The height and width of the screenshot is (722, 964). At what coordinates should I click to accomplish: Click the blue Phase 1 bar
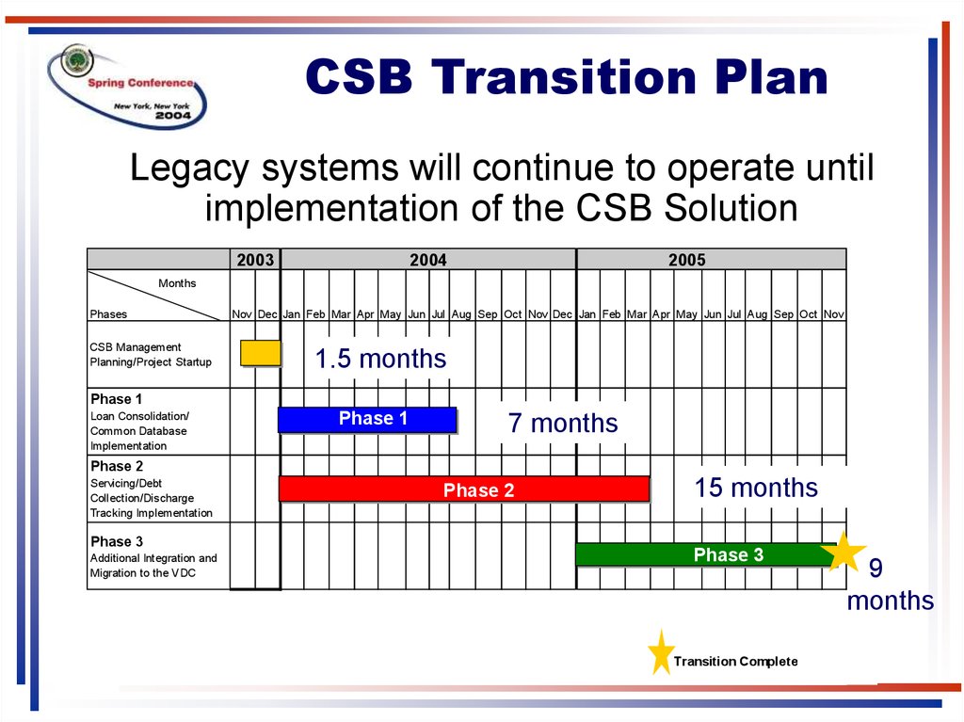tap(367, 420)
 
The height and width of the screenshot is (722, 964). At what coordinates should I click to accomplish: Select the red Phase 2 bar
tap(464, 489)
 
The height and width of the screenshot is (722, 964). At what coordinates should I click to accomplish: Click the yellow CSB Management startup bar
tap(261, 353)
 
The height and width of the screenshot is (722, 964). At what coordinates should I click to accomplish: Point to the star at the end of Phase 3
tap(843, 552)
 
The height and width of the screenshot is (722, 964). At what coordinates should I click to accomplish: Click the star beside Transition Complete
tap(661, 652)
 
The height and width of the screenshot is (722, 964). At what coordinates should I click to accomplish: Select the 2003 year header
tap(255, 260)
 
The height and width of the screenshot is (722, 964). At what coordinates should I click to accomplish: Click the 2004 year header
tap(428, 260)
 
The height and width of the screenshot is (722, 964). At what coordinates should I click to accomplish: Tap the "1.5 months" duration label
tap(380, 359)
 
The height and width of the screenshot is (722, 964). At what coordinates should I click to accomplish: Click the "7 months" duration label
tap(563, 423)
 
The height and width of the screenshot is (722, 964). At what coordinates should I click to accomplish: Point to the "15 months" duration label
tap(756, 488)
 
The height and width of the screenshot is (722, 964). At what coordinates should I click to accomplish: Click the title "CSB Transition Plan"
tap(566, 77)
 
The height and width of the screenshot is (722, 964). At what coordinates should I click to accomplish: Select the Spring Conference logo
tap(127, 86)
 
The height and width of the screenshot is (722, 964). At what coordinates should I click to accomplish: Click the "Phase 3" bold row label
tap(116, 541)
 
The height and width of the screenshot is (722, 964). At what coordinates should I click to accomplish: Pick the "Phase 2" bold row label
tap(116, 466)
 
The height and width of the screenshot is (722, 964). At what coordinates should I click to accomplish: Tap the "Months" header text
tap(177, 283)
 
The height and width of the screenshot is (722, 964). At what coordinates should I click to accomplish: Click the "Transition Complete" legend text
tap(736, 661)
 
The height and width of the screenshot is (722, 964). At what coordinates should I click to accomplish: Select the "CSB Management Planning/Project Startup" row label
tap(151, 354)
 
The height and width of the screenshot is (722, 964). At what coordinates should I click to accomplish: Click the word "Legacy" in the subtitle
tap(189, 168)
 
